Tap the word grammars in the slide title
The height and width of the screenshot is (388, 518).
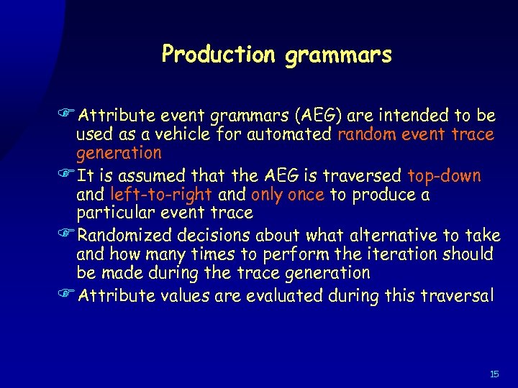[x=338, y=56]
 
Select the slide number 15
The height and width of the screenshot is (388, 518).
[x=494, y=374]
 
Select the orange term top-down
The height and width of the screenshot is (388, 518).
[x=444, y=176]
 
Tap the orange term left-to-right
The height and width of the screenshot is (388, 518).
[x=162, y=195]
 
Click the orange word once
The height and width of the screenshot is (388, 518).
[x=306, y=195]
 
